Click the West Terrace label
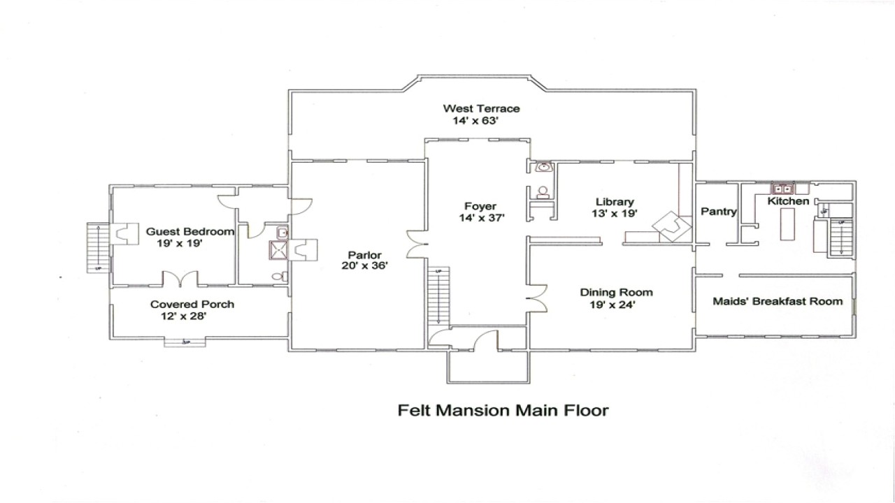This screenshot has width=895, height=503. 481,108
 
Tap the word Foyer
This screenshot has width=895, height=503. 480,206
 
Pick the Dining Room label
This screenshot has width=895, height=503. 616,293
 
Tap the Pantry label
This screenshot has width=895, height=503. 719,212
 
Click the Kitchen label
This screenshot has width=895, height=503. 788,201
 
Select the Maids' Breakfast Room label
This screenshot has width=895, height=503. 777,301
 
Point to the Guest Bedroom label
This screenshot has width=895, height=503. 189,231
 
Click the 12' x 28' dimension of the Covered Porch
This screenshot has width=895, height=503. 183,316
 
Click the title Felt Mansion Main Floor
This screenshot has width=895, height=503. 503,410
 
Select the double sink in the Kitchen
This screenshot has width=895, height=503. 782,189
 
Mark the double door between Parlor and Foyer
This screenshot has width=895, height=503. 418,244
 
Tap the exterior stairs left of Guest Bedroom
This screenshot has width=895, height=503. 97,247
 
